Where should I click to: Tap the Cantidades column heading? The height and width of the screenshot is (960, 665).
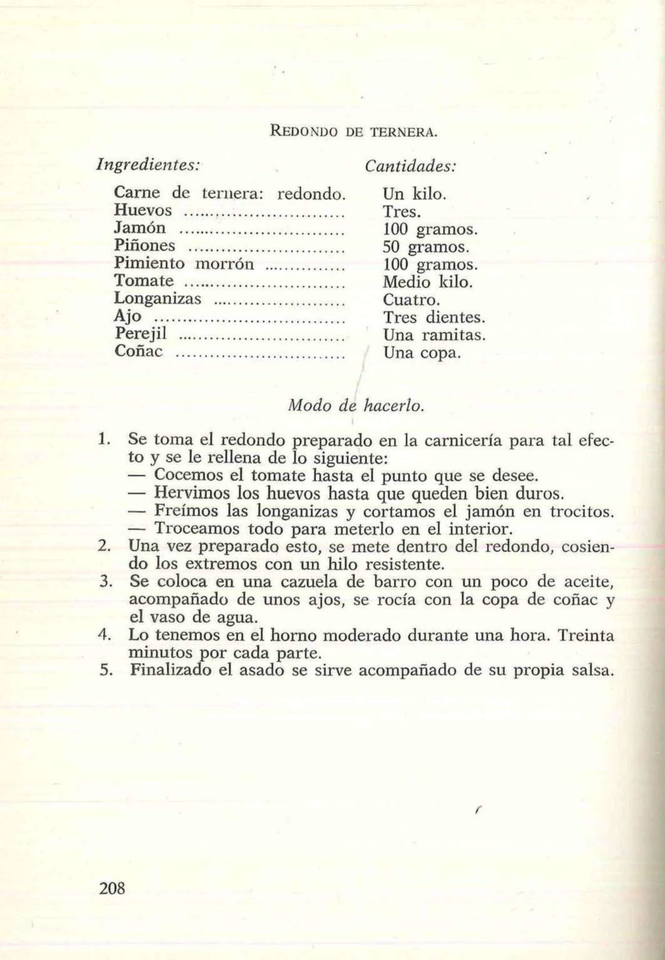[411, 166]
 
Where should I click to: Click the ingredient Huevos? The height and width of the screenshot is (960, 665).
[143, 210]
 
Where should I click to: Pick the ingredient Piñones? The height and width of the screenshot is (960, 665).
[144, 246]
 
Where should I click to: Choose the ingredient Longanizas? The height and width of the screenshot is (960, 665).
[158, 299]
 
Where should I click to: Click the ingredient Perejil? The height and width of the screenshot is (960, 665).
[141, 334]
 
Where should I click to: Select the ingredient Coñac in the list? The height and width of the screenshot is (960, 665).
[138, 352]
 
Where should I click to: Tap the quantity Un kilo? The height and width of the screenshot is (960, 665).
[414, 193]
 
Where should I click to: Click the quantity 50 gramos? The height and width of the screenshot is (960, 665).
[425, 247]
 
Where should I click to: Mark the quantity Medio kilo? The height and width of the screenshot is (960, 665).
[427, 282]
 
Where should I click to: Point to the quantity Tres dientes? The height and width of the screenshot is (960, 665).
[434, 317]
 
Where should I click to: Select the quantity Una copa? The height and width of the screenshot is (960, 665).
[421, 354]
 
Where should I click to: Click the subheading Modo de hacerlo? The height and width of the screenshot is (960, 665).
[356, 406]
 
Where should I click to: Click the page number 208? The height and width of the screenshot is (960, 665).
[112, 888]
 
